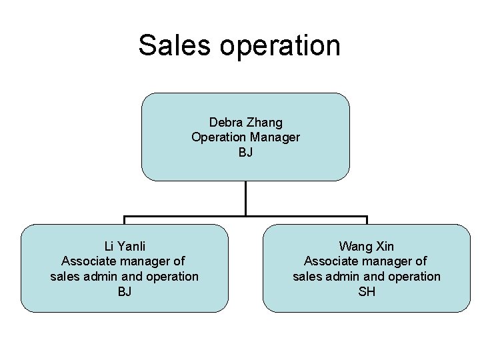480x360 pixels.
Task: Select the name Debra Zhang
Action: pos(245,122)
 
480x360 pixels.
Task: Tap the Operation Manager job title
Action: pos(245,137)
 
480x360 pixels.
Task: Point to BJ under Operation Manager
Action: pos(245,153)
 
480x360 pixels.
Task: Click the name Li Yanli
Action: pos(124,246)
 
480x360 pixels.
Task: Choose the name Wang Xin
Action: pos(366,246)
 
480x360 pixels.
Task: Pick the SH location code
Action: pos(366,291)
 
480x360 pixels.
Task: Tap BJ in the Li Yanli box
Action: pos(124,291)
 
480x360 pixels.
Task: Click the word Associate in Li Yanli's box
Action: pos(87,261)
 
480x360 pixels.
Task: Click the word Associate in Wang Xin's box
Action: pos(330,261)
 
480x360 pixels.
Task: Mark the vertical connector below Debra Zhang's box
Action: pos(245,198)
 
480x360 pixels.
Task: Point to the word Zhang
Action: pos(265,122)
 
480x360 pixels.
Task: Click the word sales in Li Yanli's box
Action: pos(65,276)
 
